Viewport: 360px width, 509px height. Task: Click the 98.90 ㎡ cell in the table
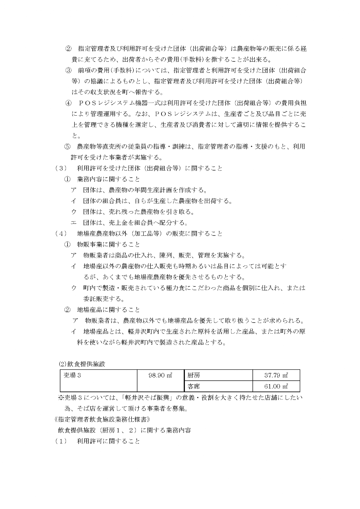click(x=160, y=375)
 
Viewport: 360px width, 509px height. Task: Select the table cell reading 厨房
click(x=194, y=375)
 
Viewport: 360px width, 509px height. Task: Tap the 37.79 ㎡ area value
click(x=276, y=375)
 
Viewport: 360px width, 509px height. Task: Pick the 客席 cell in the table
click(x=194, y=387)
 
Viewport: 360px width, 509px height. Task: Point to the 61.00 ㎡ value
click(x=276, y=387)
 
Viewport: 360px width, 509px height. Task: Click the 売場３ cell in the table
click(x=70, y=375)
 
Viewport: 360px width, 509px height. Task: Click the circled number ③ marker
click(x=68, y=70)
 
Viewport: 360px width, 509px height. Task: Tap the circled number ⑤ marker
click(x=67, y=146)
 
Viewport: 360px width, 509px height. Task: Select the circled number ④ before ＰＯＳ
click(x=68, y=103)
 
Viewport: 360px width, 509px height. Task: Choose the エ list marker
click(x=74, y=223)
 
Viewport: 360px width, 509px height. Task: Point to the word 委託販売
click(x=95, y=299)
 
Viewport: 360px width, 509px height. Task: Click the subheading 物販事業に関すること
click(x=108, y=244)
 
